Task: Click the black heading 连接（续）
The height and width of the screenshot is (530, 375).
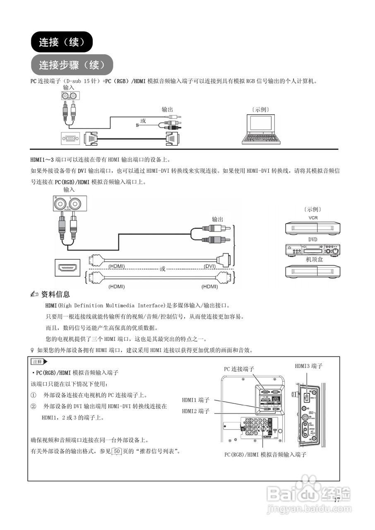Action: point(62,42)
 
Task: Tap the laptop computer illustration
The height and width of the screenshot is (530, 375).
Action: point(258,130)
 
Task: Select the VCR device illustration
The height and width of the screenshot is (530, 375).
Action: point(312,228)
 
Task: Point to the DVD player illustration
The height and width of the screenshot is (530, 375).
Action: point(312,250)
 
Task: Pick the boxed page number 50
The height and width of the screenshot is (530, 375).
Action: point(117,451)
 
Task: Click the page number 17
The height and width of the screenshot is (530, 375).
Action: point(337,500)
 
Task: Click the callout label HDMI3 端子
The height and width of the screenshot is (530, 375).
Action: point(308,366)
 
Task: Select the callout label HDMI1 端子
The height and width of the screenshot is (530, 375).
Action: point(196,400)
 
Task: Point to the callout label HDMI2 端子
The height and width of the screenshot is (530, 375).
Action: point(196,411)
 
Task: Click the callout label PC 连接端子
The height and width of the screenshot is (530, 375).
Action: point(239,369)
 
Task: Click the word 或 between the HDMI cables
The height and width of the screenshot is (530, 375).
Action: point(162,269)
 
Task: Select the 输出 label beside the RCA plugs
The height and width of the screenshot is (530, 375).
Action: point(217,219)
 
